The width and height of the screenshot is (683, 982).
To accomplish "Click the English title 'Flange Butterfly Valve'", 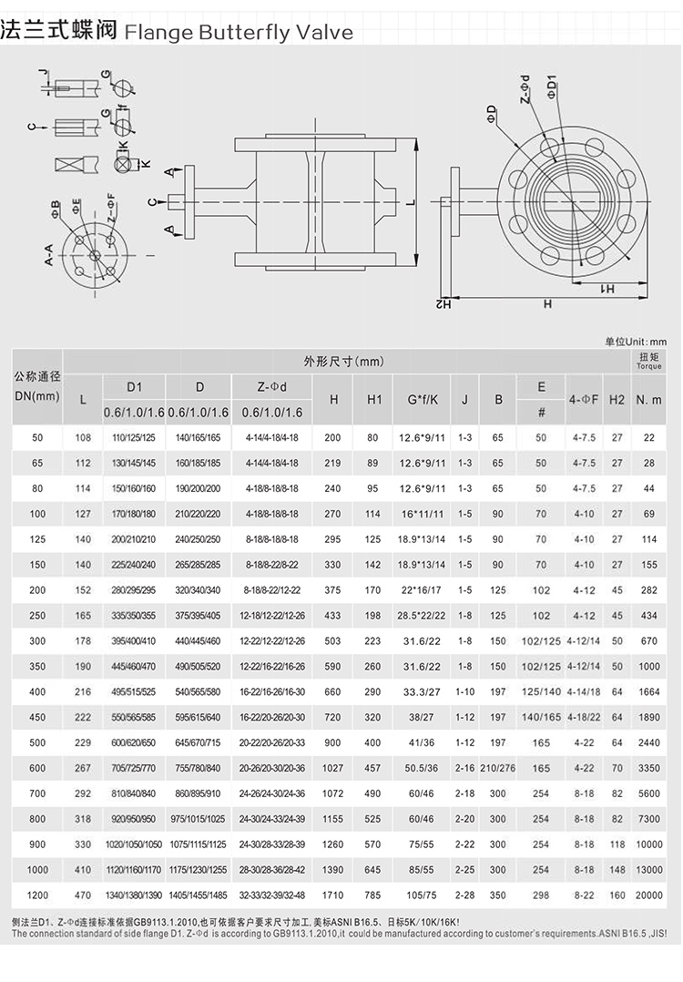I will [238, 33].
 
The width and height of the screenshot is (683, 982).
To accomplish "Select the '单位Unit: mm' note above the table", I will [636, 341].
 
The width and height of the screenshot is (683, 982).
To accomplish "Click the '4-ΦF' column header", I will [584, 399].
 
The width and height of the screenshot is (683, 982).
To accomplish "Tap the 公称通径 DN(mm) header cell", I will [37, 386].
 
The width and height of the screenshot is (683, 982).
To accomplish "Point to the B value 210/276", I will [497, 768].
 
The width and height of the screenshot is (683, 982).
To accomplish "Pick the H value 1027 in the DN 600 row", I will [334, 768].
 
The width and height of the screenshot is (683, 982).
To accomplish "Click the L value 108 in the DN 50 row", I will [83, 438].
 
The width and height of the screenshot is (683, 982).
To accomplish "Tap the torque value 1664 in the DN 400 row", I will [649, 691].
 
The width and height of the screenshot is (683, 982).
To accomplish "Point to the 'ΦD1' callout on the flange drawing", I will [552, 88].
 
